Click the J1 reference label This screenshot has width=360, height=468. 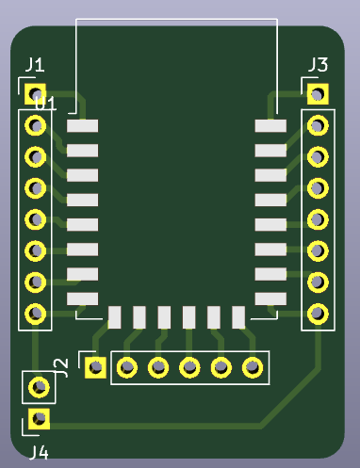pos(35,65)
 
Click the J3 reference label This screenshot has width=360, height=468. pos(318,65)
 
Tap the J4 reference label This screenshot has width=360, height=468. pos(39,452)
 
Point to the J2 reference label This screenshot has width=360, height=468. pos(61,367)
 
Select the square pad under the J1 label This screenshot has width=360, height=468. pos(36,94)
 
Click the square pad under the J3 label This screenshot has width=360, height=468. pos(318,94)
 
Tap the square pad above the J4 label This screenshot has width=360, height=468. pos(39,417)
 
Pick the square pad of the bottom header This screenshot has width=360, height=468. pos(94,366)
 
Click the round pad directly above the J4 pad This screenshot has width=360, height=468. pos(39,386)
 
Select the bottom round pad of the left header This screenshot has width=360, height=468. pos(36,312)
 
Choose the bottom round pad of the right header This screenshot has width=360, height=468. pos(318,312)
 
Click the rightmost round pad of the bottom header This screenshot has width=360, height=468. pos(253,366)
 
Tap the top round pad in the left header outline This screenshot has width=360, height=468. pos(36,125)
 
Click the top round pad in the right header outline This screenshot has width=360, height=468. pos(318,125)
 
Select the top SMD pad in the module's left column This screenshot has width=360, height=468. pos(82,125)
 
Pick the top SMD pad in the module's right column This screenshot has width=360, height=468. pos(270,125)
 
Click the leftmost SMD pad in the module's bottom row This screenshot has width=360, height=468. pos(115,316)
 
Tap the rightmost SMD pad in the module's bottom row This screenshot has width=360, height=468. pos(238,316)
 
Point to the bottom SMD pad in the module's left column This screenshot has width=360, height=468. pos(82,299)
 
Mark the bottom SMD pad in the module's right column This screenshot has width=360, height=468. pos(270,299)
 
